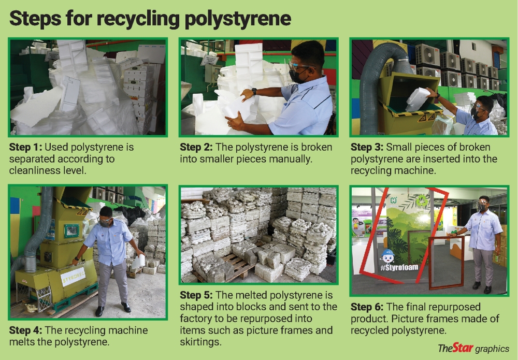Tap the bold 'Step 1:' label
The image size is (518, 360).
[26, 148]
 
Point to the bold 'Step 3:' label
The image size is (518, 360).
[368, 148]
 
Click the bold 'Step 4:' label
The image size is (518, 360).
[26, 330]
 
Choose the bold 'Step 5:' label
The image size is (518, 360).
[197, 296]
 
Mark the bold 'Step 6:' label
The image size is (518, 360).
[368, 307]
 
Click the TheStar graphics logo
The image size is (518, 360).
[473, 348]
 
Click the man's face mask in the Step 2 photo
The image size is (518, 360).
[298, 77]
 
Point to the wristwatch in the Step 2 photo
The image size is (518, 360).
[254, 92]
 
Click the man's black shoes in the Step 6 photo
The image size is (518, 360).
[481, 287]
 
